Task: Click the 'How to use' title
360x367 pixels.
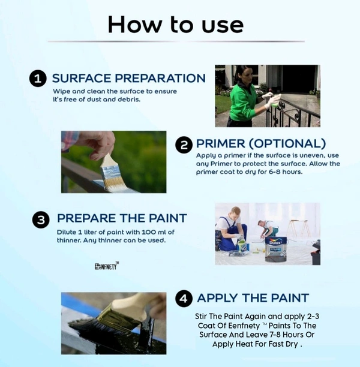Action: [x=176, y=25]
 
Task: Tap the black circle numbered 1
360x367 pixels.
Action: [x=38, y=79]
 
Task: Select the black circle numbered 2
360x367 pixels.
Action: [x=184, y=145]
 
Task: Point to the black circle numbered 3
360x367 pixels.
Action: [x=41, y=219]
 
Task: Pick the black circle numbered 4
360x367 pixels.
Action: [x=184, y=298]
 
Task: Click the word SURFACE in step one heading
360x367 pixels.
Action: [x=82, y=78]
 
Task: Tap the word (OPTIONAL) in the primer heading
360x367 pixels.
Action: [x=287, y=143]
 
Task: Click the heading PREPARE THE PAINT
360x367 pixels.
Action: [x=122, y=218]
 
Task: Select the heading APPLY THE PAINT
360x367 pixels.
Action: [x=253, y=298]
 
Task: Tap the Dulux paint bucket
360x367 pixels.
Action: [x=276, y=249]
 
